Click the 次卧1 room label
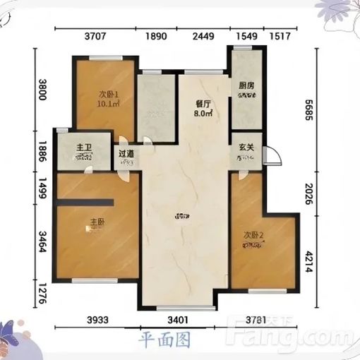[x=108, y=94]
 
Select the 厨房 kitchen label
[x=246, y=86]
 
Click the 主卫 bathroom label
[x=85, y=148]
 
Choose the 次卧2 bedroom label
[x=253, y=235]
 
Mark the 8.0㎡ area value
[x=203, y=112]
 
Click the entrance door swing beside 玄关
[x=272, y=157]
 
